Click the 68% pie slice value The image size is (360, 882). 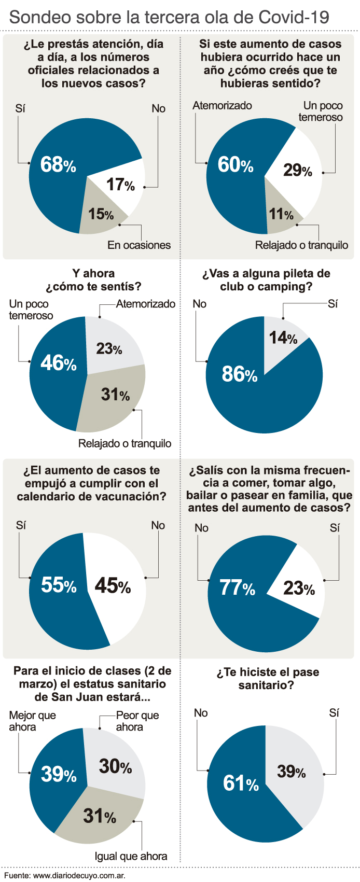click(x=58, y=165)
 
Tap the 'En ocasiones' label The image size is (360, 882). click(x=139, y=245)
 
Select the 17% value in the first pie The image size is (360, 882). click(x=120, y=184)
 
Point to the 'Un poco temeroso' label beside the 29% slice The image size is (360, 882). click(x=321, y=111)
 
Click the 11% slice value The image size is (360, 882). click(x=281, y=214)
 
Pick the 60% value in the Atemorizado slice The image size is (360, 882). click(x=236, y=165)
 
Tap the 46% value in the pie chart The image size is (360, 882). click(x=58, y=363)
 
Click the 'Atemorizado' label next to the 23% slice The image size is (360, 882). click(x=146, y=304)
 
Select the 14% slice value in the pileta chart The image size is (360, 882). click(x=283, y=338)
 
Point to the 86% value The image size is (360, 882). click(x=239, y=374)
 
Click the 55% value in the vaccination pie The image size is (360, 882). click(x=59, y=585)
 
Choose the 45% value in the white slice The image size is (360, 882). click(x=113, y=585)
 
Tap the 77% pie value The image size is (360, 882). click(x=237, y=587)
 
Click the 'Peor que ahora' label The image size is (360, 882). click(x=137, y=721)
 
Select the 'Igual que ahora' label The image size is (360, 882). click(x=131, y=856)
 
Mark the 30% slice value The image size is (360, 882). click(x=115, y=766)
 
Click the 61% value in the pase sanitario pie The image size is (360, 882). click(x=241, y=783)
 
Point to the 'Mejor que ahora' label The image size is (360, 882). click(x=32, y=721)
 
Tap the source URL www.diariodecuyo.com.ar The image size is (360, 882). click(x=79, y=875)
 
